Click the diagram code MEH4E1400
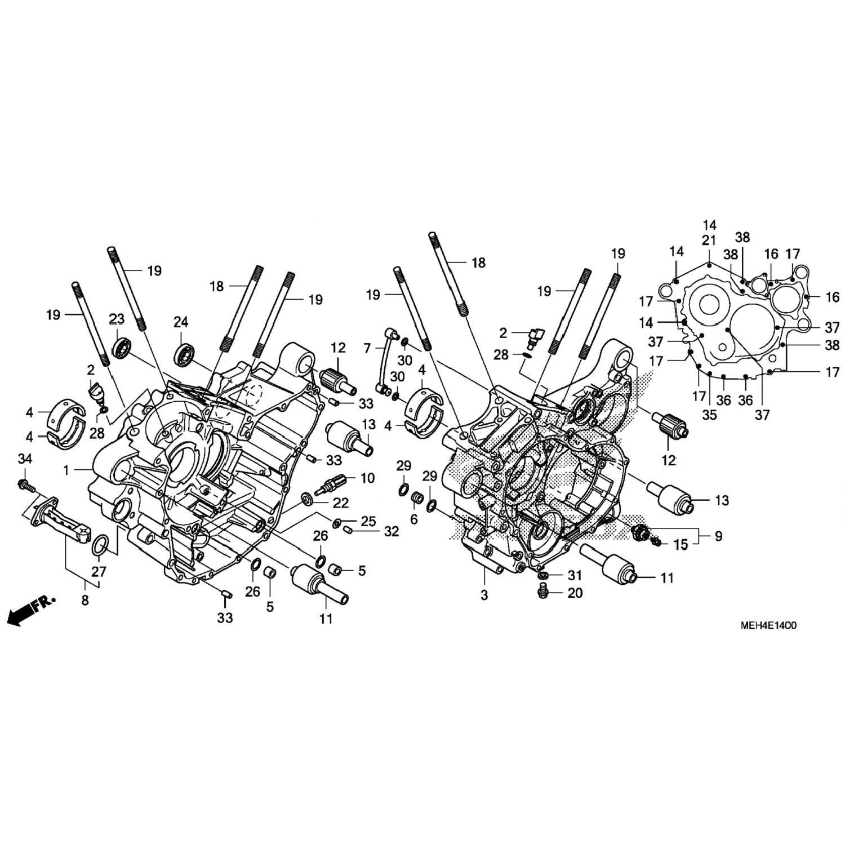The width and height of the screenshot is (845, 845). pos(768,625)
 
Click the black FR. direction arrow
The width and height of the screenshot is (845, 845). pos(31,609)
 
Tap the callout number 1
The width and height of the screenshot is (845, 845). pos(66,470)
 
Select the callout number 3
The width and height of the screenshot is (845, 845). pos(484,595)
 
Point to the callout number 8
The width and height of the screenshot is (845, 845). pos(84,601)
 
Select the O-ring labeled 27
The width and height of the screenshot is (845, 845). pos(100,545)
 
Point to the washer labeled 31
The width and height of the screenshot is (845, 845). pos(544,576)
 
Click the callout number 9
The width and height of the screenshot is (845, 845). pos(719,537)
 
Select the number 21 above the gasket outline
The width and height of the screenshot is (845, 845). pos(709,241)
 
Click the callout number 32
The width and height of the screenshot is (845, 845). pos(392,531)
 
